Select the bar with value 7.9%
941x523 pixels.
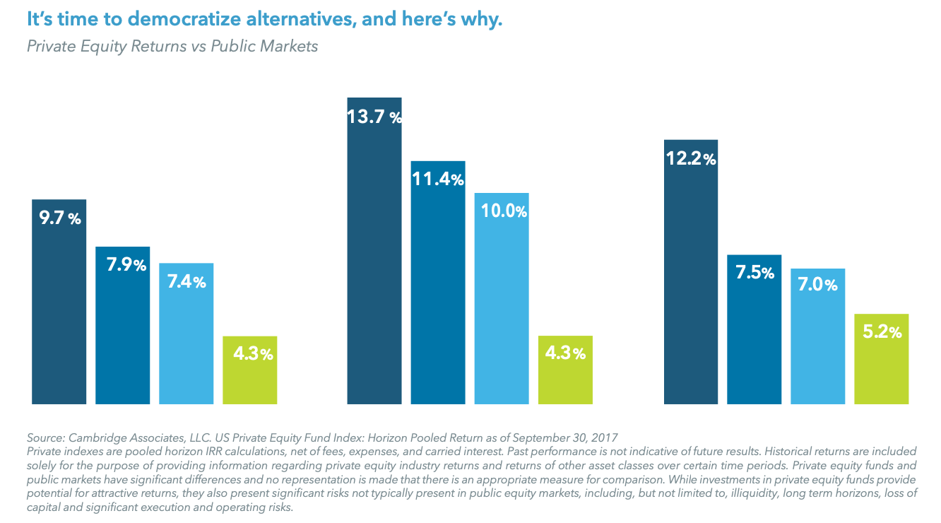122,325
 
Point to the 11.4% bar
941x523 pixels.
437,283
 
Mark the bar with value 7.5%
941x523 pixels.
754,329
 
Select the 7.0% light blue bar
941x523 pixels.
817,336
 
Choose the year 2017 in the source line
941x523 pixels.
604,437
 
